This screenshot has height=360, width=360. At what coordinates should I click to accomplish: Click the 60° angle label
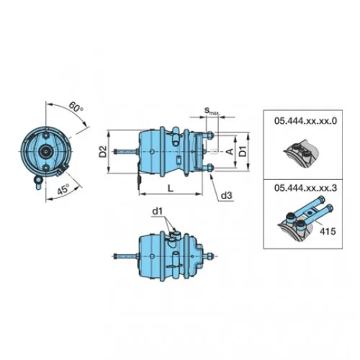[x=76, y=107]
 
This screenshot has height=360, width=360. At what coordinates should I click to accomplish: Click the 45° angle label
[x=63, y=189]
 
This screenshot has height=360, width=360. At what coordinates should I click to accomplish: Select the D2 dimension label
[x=103, y=151]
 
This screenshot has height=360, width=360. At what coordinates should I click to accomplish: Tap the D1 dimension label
[x=243, y=151]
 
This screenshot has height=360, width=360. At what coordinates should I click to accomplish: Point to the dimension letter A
[x=230, y=151]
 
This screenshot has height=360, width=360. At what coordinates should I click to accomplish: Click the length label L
[x=170, y=188]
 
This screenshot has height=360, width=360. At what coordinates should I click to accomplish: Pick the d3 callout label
[x=227, y=196]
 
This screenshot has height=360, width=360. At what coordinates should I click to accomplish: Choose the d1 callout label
[x=158, y=212]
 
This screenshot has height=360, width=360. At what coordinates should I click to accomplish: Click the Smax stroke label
[x=211, y=111]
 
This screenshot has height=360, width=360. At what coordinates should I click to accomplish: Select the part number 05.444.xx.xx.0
[x=305, y=121]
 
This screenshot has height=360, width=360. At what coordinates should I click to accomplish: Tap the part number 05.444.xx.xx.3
[x=305, y=188]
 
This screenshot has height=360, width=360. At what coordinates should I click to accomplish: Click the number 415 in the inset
[x=328, y=231]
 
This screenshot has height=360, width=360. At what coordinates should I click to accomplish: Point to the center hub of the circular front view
[x=45, y=152]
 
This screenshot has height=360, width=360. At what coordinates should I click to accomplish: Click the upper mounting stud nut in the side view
[x=210, y=135]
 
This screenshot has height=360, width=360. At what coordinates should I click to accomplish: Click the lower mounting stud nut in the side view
[x=210, y=168]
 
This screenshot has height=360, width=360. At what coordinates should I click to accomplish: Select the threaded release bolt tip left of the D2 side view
[x=116, y=151]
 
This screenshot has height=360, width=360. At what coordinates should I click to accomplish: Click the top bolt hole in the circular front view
[x=45, y=136]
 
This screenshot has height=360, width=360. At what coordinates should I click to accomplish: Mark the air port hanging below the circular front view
[x=38, y=182]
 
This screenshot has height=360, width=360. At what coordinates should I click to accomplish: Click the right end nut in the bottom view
[x=210, y=256]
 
